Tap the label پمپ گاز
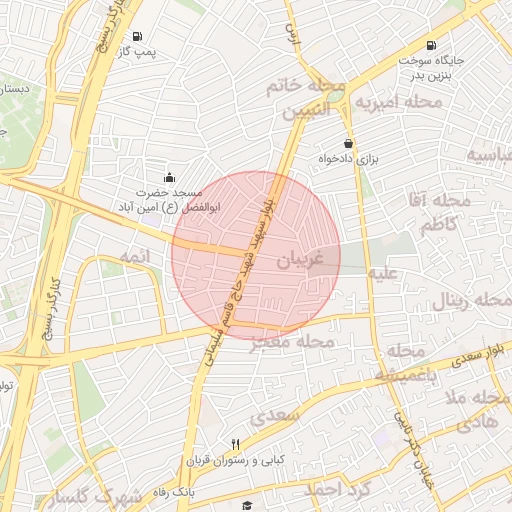[137, 51]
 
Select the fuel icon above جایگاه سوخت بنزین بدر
[430, 45]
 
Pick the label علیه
[383, 271]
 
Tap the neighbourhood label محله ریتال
[471, 301]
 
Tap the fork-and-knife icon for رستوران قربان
[236, 444]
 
